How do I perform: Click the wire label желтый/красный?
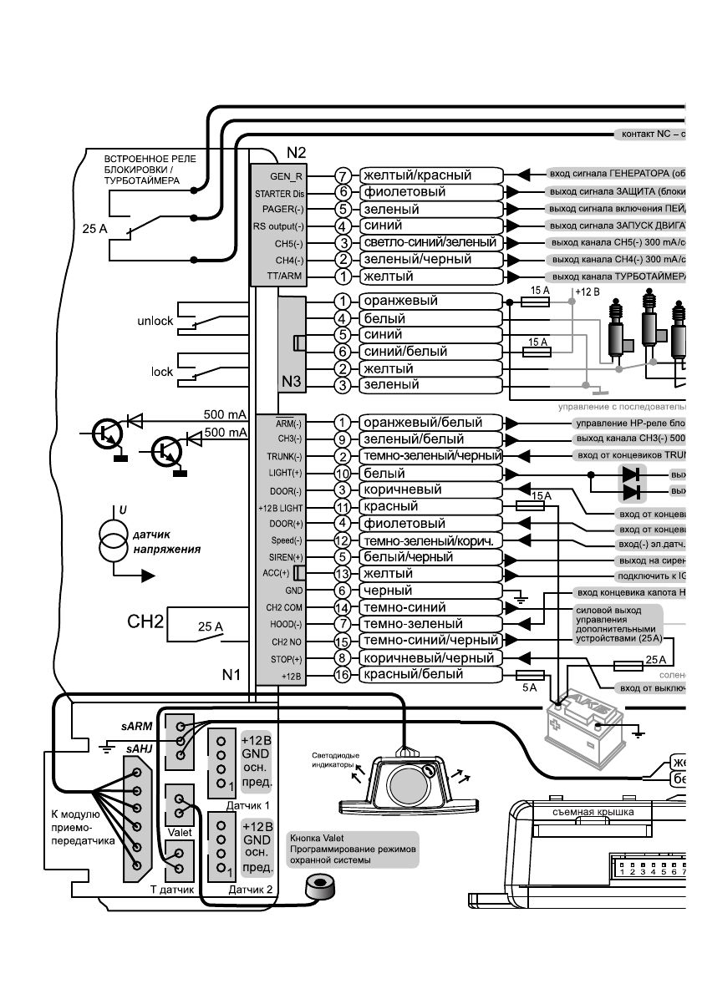pos(416,175)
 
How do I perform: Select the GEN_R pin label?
pos(287,176)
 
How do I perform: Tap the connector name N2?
pos(296,153)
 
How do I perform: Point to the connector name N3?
pos(292,382)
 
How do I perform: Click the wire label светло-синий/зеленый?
pos(429,242)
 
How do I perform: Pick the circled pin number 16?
pos(341,675)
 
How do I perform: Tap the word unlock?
pos(155,321)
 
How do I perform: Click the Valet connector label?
pos(179,833)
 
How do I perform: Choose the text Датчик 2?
pos(251,890)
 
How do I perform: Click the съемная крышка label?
pos(593,812)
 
